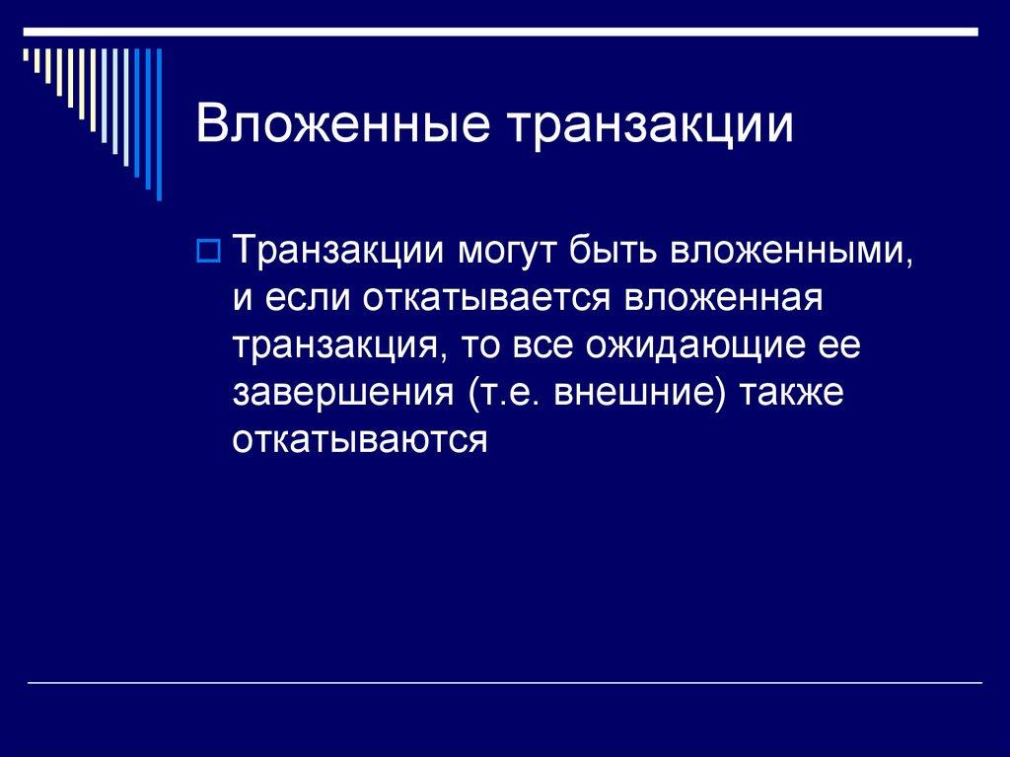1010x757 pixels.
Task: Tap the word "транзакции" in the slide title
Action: pyautogui.click(x=652, y=127)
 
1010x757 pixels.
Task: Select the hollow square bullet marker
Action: pyautogui.click(x=208, y=254)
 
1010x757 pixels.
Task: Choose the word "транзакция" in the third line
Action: pyautogui.click(x=335, y=346)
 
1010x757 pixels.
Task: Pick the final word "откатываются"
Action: pyautogui.click(x=360, y=440)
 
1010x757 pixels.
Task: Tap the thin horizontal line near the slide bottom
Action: pyautogui.click(x=503, y=682)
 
